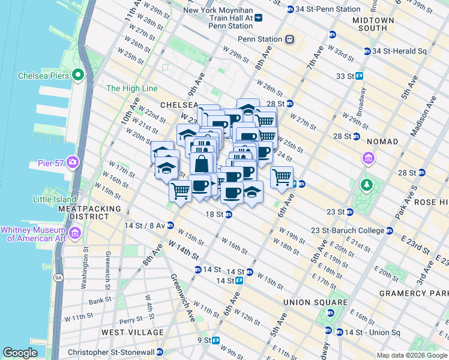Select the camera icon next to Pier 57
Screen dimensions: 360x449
[73, 162]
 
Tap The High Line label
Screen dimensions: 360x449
[131, 89]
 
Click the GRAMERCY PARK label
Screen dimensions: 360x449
[414, 293]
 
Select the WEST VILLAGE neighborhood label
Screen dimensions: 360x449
[132, 332]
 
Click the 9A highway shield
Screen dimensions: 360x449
[58, 277]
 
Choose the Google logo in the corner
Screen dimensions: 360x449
[20, 353]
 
